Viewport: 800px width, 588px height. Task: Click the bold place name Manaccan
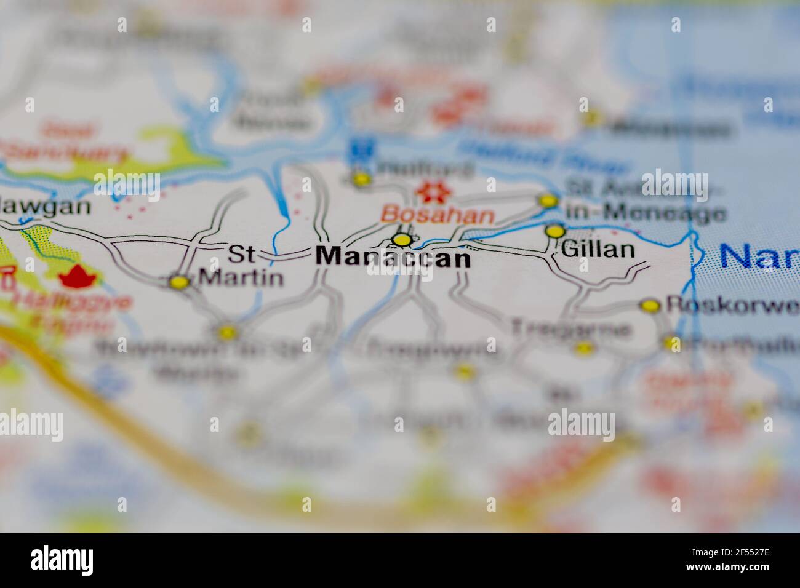393,257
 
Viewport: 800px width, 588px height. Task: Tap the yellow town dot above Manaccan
402,239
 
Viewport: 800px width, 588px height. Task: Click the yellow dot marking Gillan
554,231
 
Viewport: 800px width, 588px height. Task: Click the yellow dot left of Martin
179,282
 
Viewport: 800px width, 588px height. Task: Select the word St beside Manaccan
241,253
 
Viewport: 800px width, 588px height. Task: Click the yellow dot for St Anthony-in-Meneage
547,201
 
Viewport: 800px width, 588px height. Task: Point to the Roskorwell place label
732,305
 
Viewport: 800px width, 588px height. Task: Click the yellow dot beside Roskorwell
650,305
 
